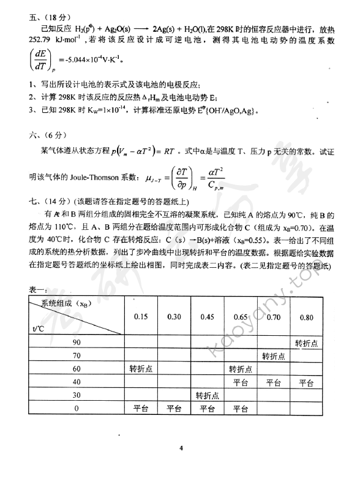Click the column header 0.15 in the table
141,317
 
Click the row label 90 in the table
77,342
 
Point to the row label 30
77,395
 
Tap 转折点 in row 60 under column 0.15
141,369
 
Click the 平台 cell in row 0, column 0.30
174,409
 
